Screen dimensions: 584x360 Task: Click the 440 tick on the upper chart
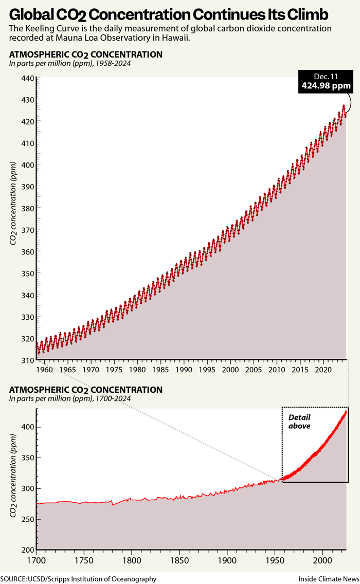click(27, 78)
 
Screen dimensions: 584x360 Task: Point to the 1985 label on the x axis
click(160, 369)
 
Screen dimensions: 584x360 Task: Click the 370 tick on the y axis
click(27, 230)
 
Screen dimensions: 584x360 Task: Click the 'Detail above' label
click(299, 422)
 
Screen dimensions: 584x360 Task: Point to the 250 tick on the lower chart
click(27, 519)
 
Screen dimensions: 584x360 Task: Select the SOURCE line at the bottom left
click(78, 579)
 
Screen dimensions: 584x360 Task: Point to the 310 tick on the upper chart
click(27, 361)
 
